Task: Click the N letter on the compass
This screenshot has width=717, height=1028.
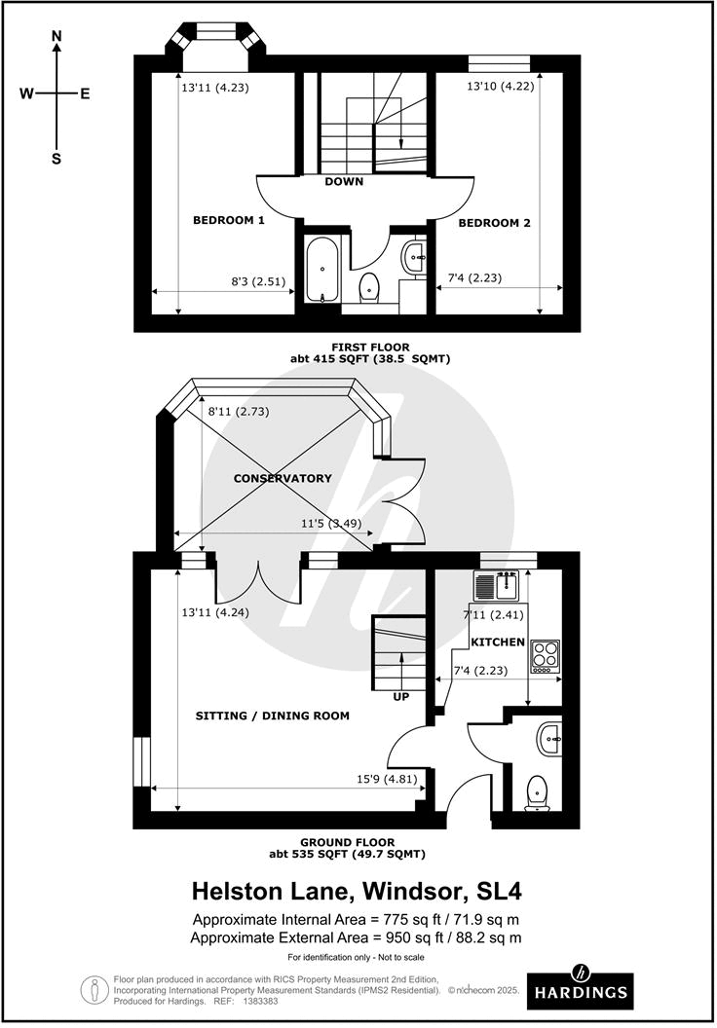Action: (x=57, y=37)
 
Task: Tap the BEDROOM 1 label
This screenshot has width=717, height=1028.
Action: (x=229, y=221)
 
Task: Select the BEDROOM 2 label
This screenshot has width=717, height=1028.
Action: (x=494, y=223)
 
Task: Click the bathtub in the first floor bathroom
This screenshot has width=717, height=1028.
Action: (x=321, y=270)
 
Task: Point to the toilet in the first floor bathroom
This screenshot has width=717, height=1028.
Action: (x=369, y=288)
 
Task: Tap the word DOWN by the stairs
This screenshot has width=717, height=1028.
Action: (x=344, y=182)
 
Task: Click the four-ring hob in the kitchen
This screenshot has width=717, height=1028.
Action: (x=545, y=656)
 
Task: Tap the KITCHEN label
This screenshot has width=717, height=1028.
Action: (x=498, y=642)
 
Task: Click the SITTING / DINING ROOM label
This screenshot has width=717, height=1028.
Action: (x=272, y=716)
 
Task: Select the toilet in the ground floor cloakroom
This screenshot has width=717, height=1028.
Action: (x=538, y=792)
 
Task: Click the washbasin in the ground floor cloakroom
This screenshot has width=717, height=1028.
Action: (x=550, y=740)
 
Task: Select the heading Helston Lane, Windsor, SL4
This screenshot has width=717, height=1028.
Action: (x=358, y=891)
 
